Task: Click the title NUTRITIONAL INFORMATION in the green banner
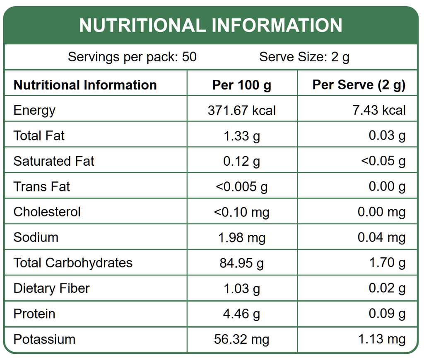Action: point(211,25)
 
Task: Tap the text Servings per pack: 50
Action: point(132,57)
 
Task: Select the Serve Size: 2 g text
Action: point(304,57)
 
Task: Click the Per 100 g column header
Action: point(242,85)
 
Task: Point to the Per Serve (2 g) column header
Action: point(359,85)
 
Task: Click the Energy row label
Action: point(34,110)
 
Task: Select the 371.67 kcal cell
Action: point(242,111)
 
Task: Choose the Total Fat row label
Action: point(39,135)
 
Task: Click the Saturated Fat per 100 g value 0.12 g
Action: point(242,161)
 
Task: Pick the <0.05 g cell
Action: point(383,161)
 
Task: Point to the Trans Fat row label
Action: point(42,186)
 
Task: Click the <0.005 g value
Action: point(242,187)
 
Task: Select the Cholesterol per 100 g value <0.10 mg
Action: point(242,212)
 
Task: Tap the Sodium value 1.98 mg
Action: point(242,238)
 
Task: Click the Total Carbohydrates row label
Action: point(73,263)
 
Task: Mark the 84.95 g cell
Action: point(242,263)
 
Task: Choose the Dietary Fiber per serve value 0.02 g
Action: point(387,288)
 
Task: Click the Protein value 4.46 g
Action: point(242,314)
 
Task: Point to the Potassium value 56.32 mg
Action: point(242,339)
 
